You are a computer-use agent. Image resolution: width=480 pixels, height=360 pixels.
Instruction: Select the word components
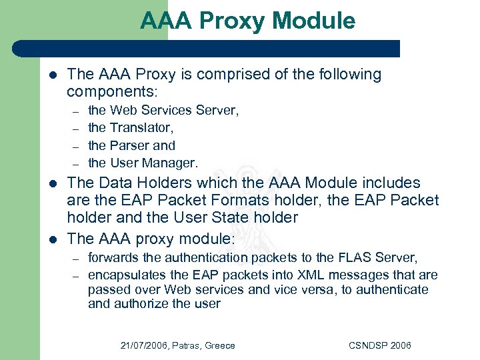point(110,91)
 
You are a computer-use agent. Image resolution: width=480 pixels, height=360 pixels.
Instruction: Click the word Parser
point(131,145)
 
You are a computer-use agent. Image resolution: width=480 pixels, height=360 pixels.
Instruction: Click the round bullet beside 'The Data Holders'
point(53,183)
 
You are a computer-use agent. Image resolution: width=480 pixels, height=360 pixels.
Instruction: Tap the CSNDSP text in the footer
point(366,345)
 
